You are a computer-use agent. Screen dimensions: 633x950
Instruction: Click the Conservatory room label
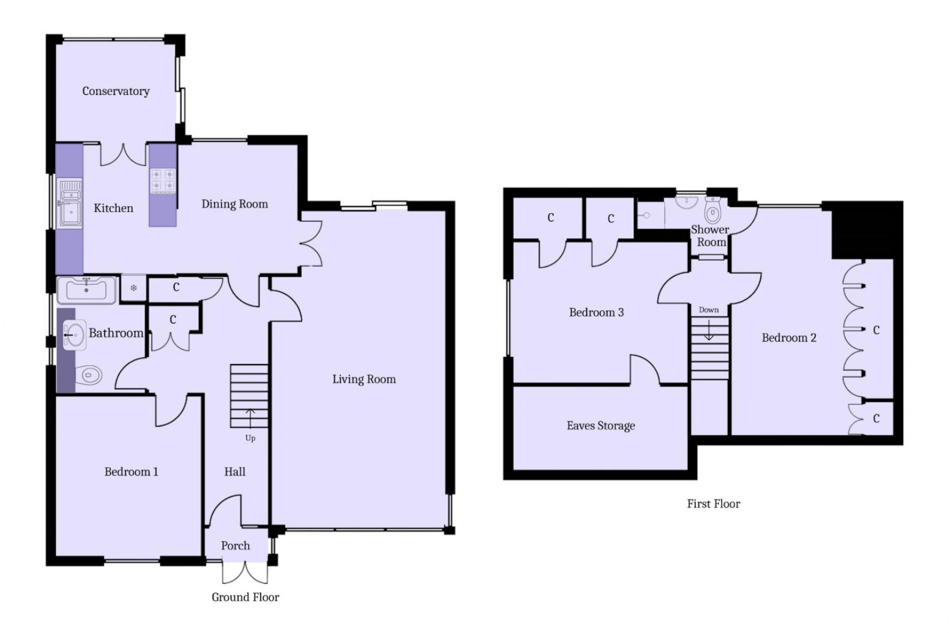pos(116,91)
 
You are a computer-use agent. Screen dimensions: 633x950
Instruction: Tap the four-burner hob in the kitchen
pos(163,181)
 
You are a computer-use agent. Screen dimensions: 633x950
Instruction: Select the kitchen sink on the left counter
pos(70,203)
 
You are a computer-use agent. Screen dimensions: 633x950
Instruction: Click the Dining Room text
pos(235,204)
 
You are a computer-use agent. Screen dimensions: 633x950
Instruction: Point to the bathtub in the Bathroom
pos(86,290)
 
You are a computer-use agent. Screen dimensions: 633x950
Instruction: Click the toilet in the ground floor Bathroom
pos(90,374)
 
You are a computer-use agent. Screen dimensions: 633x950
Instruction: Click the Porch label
pos(235,546)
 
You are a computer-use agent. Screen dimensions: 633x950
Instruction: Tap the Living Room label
pos(364,379)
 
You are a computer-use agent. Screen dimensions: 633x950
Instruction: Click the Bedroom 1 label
pos(131,472)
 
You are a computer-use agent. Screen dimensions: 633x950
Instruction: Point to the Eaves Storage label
pos(600,426)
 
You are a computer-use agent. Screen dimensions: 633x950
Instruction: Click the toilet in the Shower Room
pos(713,210)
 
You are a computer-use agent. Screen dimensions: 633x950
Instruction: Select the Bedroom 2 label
pos(788,338)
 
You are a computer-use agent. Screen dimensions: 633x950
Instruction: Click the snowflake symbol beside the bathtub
pos(134,288)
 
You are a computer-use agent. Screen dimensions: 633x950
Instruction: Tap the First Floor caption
pos(713,503)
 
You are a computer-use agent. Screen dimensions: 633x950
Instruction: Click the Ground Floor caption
pos(245,597)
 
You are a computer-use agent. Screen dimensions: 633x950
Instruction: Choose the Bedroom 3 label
pos(596,312)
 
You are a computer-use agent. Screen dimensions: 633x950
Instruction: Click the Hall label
pos(235,472)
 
